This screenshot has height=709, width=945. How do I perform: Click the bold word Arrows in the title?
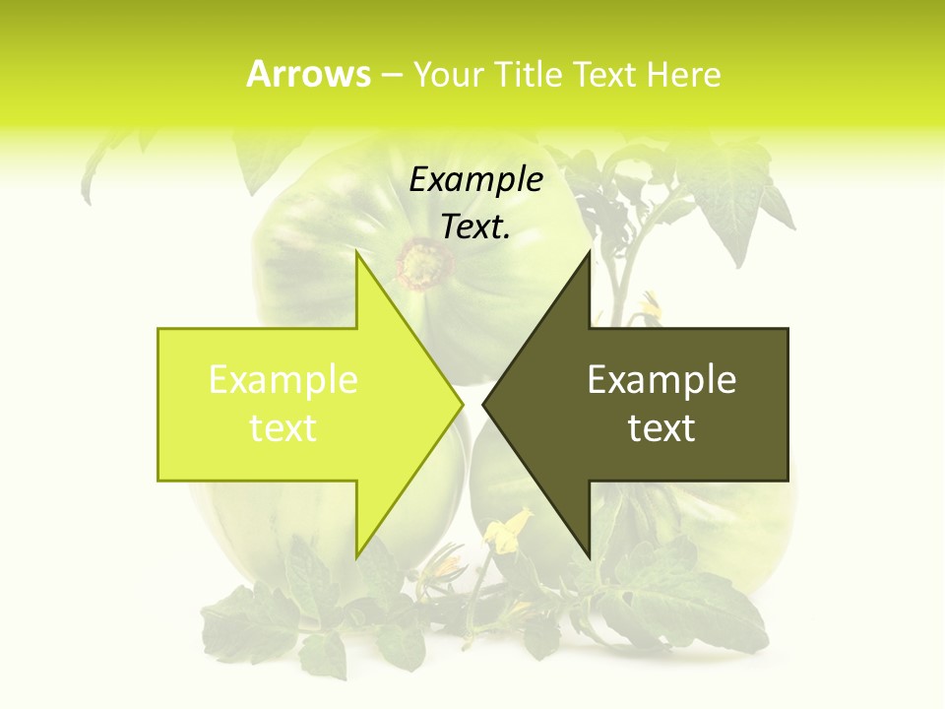tap(308, 74)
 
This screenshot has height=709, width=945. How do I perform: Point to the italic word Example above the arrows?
tap(476, 180)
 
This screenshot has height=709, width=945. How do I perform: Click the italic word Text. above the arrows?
tap(476, 227)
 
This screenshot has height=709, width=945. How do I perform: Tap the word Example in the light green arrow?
tap(283, 380)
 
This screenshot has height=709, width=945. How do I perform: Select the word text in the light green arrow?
tap(283, 428)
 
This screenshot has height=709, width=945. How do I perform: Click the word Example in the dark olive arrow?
tap(661, 380)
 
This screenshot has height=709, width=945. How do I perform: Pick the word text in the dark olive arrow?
tap(661, 428)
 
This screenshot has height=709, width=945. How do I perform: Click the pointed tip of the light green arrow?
tap(462, 405)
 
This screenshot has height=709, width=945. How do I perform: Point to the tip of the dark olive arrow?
tap(483, 405)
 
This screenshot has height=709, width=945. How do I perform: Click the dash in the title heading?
tap(391, 75)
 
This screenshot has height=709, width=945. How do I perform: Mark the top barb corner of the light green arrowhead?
tap(356, 251)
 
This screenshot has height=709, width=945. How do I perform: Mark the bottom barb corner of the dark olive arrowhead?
tap(590, 557)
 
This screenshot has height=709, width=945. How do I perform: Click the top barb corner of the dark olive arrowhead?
tap(590, 252)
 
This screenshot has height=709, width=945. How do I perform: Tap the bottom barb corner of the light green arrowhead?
tap(356, 557)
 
